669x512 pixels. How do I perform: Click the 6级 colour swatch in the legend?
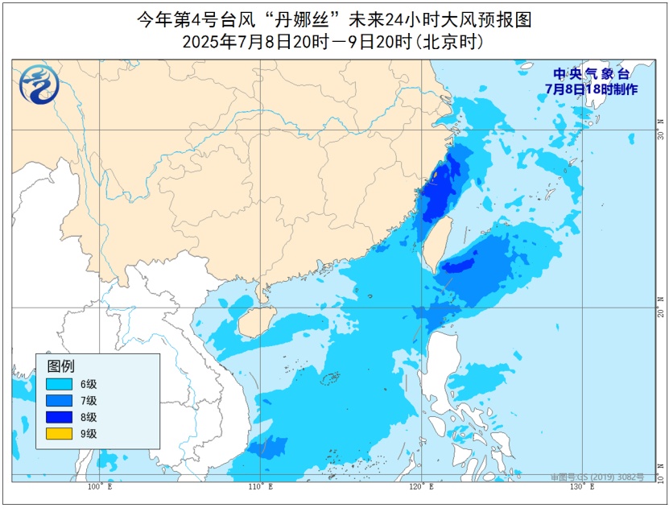(x=60, y=384)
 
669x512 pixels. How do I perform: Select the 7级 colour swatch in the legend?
(x=60, y=400)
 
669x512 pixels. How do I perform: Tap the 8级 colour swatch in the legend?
(x=60, y=416)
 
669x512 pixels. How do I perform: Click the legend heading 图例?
(x=60, y=365)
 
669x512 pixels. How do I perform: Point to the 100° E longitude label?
(x=99, y=487)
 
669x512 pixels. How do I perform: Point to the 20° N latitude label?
(x=660, y=308)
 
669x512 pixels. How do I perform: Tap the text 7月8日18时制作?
(x=590, y=89)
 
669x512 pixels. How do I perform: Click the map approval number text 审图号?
(x=597, y=477)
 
